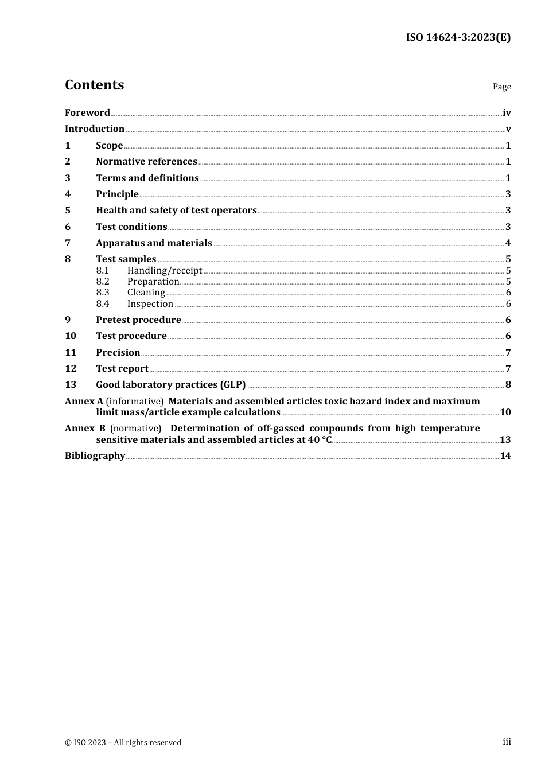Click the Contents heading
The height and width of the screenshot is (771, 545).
94,85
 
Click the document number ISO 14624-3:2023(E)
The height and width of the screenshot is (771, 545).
458,38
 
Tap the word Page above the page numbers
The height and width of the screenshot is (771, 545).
501,87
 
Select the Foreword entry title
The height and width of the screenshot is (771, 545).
87,113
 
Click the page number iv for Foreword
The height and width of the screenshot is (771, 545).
507,113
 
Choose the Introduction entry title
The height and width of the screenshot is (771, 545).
95,129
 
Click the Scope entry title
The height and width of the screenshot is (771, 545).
109,146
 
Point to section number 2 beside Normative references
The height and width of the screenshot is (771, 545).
68,162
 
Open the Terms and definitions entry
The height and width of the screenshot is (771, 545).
147,178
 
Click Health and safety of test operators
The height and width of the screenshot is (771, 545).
176,211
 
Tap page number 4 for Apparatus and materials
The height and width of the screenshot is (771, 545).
508,243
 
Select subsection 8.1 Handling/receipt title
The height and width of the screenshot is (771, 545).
165,271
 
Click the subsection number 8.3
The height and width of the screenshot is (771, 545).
103,293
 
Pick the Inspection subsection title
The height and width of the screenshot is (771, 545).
150,304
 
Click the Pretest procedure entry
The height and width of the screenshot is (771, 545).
138,320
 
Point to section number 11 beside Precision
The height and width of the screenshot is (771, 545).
70,353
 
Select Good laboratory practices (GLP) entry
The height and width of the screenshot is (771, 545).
170,385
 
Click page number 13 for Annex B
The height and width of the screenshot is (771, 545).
505,440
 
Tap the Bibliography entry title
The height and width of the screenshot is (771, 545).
95,456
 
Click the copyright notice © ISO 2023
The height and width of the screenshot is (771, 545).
123,742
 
